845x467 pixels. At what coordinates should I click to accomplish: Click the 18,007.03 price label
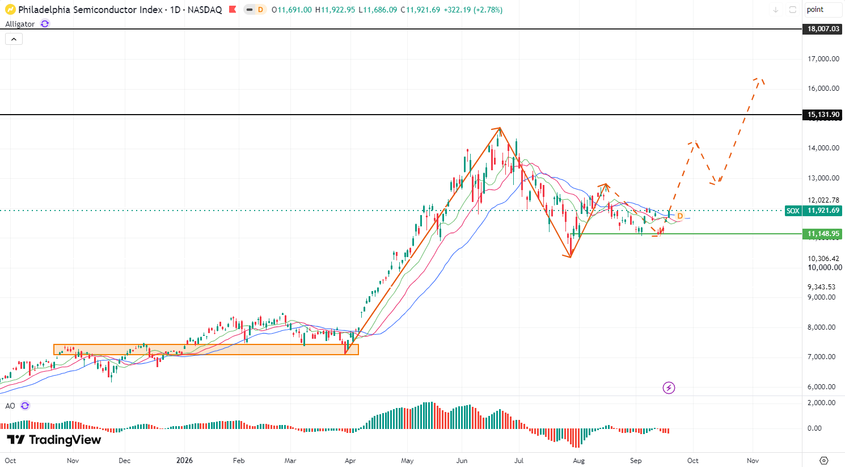click(x=823, y=29)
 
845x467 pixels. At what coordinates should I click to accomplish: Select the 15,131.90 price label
click(x=823, y=115)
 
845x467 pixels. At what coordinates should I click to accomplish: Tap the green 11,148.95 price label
click(x=823, y=234)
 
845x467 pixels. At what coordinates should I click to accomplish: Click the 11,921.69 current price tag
click(x=823, y=211)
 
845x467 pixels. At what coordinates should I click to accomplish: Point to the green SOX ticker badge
click(x=793, y=211)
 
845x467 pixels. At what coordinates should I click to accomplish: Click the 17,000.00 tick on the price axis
click(x=823, y=58)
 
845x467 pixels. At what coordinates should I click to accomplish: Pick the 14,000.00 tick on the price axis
click(x=823, y=148)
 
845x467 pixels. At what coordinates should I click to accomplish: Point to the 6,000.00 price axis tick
click(x=823, y=386)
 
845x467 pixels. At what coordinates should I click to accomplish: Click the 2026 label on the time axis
click(x=184, y=461)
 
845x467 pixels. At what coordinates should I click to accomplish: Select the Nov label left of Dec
click(x=73, y=461)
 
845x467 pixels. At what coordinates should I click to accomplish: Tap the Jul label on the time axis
click(x=519, y=461)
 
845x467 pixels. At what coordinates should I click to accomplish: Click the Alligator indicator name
click(x=20, y=24)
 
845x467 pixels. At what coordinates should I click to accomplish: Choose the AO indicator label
click(x=10, y=406)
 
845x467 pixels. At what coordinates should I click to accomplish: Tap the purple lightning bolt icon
click(x=669, y=388)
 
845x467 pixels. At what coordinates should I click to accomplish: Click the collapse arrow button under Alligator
click(x=14, y=39)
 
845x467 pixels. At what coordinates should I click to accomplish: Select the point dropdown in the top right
click(x=823, y=10)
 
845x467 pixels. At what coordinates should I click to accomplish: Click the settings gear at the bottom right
click(x=824, y=461)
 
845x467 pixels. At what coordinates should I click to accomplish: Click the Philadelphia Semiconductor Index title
click(x=90, y=10)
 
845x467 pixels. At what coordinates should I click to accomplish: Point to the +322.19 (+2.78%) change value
click(x=473, y=10)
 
